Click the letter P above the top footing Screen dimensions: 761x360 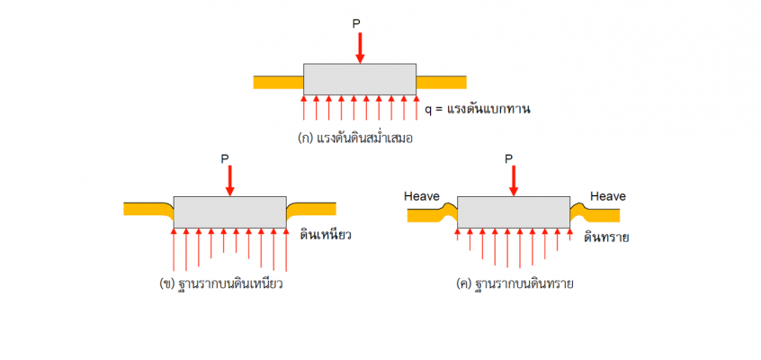pyautogui.click(x=357, y=24)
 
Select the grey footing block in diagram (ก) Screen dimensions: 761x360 pyautogui.click(x=360, y=79)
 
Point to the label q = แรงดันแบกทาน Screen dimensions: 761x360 pyautogui.click(x=478, y=109)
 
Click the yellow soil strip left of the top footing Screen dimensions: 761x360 pyautogui.click(x=279, y=83)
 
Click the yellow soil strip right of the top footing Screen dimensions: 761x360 pyautogui.click(x=441, y=83)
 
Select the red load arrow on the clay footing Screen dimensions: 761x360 pyautogui.click(x=230, y=181)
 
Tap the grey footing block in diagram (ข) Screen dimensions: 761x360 pyautogui.click(x=230, y=212)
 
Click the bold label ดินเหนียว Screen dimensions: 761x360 pyautogui.click(x=325, y=236)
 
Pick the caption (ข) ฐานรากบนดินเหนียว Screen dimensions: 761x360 pyautogui.click(x=220, y=283)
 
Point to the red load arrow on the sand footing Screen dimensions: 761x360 pyautogui.click(x=514, y=181)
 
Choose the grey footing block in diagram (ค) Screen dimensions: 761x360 pyautogui.click(x=514, y=212)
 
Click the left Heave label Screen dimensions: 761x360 pyautogui.click(x=422, y=196)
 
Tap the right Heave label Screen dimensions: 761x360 pyautogui.click(x=608, y=196)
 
